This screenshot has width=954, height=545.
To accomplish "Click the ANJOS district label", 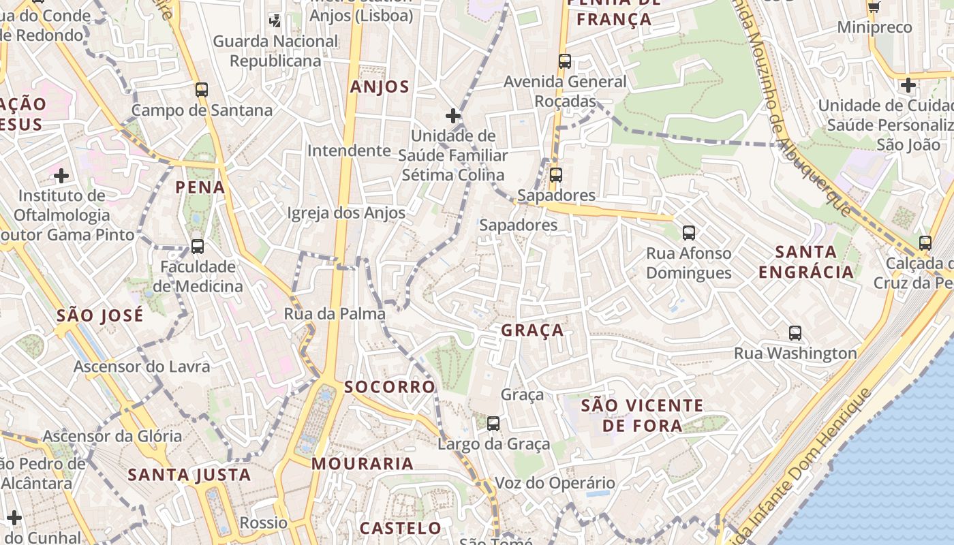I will [380, 87].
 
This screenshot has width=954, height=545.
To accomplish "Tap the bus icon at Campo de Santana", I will [201, 89].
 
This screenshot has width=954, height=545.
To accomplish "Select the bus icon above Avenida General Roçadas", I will [564, 61].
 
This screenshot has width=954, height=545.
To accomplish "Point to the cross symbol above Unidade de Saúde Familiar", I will [452, 115].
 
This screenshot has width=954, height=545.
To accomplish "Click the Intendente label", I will [349, 150].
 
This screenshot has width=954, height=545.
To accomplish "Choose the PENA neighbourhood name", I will [200, 187].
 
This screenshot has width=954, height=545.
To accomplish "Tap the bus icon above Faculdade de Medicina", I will [197, 246].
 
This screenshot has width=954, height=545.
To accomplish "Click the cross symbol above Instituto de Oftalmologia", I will [61, 176].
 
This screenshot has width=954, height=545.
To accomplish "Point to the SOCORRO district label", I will [389, 387].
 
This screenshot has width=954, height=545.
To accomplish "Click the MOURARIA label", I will [363, 464].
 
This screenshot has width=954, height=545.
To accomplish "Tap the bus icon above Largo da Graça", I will [493, 423].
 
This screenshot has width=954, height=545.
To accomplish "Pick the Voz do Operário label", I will [555, 483].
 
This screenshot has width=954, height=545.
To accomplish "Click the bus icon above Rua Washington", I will [795, 333].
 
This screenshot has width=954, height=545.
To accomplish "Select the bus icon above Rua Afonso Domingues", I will [689, 233].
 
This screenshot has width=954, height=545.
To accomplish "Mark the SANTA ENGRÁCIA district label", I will [806, 262].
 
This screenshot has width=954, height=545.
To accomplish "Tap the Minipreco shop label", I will [874, 27].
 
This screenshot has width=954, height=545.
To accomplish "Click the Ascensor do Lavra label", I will [142, 367].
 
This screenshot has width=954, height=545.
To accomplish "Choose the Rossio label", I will [264, 523].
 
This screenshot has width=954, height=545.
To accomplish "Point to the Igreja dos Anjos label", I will [346, 213].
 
